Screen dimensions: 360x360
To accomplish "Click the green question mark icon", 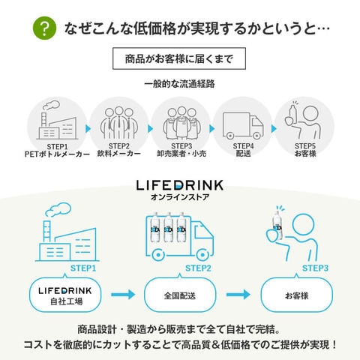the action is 44,28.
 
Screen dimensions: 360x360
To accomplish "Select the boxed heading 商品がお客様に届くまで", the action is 179,58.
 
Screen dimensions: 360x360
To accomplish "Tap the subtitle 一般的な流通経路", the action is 179,84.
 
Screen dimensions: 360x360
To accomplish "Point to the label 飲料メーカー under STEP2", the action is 119,154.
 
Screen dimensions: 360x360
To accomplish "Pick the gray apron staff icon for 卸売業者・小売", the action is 181,124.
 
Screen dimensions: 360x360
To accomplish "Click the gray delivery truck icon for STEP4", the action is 243,126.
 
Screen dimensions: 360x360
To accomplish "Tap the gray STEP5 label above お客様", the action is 305,146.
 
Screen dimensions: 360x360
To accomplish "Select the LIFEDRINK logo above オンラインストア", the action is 180,185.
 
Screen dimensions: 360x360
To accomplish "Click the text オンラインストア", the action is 180,197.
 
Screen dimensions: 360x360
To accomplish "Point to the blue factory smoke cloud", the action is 58,209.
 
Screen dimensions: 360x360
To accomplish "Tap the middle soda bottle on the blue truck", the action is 168,228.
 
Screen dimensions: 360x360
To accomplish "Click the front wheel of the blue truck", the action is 202,255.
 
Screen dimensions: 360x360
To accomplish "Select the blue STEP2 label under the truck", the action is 198,268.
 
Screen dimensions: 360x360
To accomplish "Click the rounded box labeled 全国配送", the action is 180,295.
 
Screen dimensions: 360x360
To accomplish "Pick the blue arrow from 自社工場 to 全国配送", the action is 123,295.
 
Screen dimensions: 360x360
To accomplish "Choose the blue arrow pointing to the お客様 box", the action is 238,295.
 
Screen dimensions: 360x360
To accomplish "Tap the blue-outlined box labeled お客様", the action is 297,295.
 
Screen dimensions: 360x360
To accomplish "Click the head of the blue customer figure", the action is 303,224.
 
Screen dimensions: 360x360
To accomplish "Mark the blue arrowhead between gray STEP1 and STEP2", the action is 88,129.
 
